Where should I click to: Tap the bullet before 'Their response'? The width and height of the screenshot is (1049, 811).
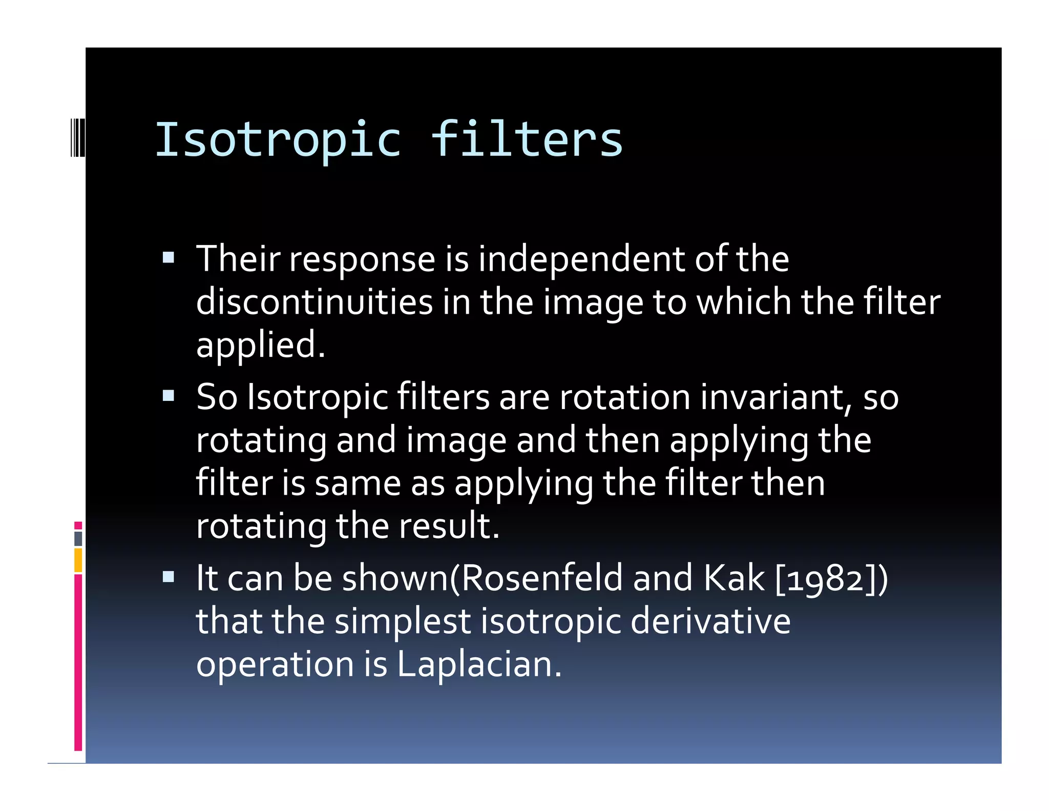pos(169,257)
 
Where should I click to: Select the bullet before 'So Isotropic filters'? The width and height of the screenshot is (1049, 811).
pos(169,395)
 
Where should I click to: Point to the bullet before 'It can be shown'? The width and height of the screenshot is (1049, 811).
pos(169,577)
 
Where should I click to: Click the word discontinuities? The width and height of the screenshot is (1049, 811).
pos(314,301)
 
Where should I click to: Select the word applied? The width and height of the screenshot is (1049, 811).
pos(260,346)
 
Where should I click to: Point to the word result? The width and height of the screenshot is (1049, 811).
pos(449,526)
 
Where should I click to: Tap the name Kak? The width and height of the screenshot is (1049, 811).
pos(733,578)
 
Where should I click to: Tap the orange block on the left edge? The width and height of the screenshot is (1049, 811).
pos(78,560)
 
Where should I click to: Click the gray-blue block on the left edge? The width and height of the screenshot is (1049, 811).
pos(78,538)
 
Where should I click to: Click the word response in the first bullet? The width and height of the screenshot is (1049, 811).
pos(362,260)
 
